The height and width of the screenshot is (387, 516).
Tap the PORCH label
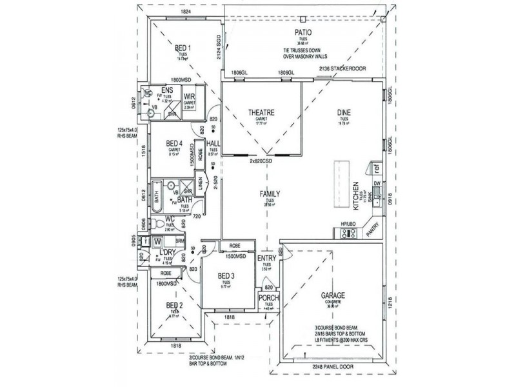point(268,299)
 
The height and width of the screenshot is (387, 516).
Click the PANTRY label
point(373,231)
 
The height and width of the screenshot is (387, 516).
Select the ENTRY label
point(267,259)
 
